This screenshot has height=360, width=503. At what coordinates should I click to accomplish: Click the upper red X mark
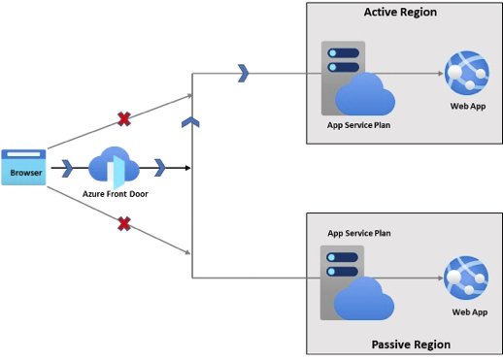(124, 118)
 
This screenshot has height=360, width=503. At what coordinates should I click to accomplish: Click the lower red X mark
(124, 224)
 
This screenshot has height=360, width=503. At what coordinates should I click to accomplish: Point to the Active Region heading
(400, 13)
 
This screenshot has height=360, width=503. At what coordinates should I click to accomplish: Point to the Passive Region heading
(411, 344)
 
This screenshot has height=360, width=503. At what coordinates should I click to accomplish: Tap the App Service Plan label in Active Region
(360, 125)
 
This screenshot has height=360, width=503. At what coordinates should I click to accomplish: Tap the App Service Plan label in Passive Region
(360, 233)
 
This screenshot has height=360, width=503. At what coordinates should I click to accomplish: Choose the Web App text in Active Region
(468, 105)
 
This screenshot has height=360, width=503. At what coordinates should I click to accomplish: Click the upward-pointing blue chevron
(191, 121)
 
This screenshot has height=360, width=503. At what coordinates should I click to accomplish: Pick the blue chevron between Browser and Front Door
(67, 167)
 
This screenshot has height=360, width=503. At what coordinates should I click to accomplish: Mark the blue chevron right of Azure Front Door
(159, 167)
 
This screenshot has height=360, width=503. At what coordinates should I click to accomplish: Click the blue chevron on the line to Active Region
(244, 72)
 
